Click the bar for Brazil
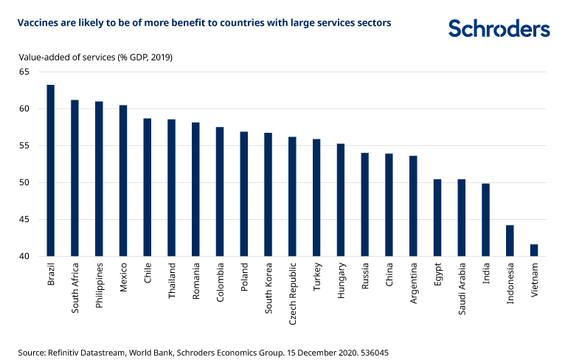pyautogui.click(x=51, y=171)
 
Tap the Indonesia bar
pyautogui.click(x=510, y=241)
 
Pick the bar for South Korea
pyautogui.click(x=268, y=195)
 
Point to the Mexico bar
pyautogui.click(x=123, y=181)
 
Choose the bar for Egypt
pyautogui.click(x=437, y=218)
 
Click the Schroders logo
pyautogui.click(x=499, y=29)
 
